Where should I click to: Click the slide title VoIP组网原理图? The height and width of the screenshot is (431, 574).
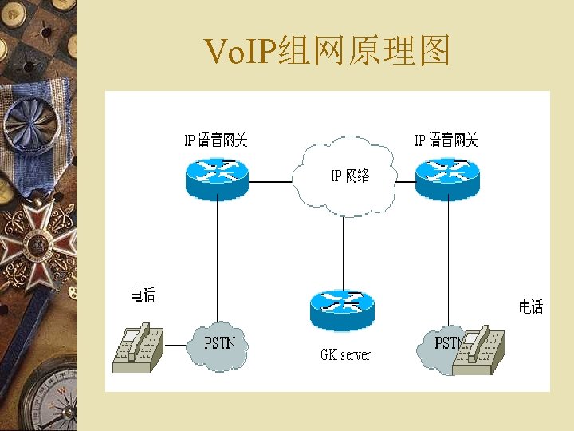328,52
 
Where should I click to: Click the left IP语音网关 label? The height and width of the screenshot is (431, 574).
216,141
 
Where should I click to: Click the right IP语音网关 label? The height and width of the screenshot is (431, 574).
446,141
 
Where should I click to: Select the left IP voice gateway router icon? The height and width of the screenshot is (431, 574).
218,177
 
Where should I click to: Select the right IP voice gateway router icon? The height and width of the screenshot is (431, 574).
447,177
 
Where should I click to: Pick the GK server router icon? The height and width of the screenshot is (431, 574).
341,309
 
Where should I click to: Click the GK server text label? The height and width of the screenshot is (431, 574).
345,354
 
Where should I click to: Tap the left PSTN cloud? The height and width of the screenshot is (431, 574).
219,345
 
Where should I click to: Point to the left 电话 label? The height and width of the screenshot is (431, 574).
143,295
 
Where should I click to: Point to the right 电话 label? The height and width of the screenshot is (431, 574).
531,307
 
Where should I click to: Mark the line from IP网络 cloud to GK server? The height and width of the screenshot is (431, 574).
343,251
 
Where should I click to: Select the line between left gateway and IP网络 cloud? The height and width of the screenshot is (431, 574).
271,182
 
